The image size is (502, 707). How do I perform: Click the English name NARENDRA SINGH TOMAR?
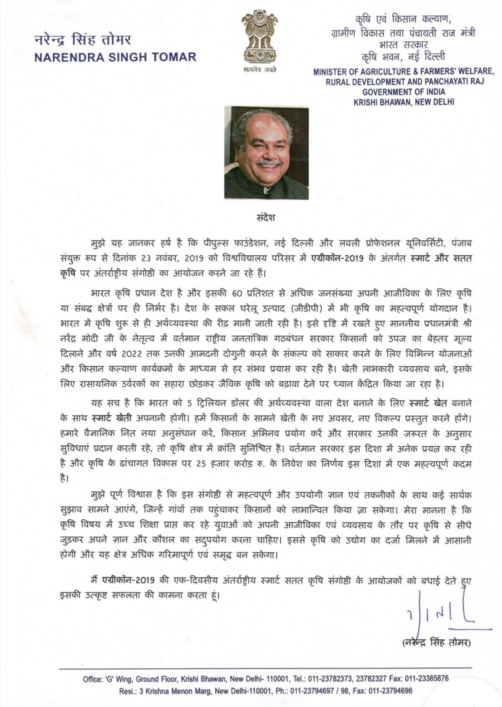[x=115, y=57]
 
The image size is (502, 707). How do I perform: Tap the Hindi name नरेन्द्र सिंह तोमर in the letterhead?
[x=82, y=40]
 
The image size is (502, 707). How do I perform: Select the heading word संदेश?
[x=266, y=217]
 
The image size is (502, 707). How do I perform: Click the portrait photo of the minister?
[x=266, y=153]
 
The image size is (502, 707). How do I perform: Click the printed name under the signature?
[x=435, y=642]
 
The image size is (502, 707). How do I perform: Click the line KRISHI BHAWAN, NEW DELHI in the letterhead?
[x=404, y=102]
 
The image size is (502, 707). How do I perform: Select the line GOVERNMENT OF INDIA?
[x=404, y=92]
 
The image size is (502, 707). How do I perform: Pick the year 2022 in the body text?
[x=132, y=354]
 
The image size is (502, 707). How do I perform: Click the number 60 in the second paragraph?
[x=237, y=294]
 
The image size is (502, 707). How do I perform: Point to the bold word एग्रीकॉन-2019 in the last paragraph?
[x=128, y=580]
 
